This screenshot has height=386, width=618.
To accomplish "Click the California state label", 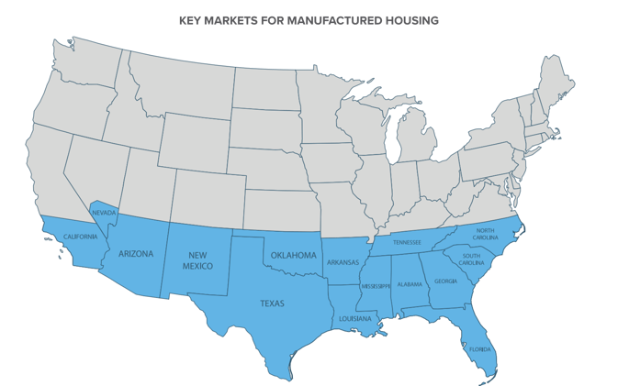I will [80, 237].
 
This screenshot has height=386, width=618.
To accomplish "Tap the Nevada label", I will [104, 213].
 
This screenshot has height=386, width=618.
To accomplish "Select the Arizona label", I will [135, 253].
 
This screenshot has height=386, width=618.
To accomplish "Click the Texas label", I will [272, 303].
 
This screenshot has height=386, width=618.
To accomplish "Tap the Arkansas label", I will [343, 262].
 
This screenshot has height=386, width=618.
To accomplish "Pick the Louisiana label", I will [355, 319].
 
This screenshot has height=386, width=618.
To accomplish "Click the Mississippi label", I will [376, 286].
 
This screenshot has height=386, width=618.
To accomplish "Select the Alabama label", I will [410, 284].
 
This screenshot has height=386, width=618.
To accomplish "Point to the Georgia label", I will [445, 281].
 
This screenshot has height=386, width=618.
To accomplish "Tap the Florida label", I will [480, 349].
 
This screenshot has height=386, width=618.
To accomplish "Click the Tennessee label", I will [407, 242].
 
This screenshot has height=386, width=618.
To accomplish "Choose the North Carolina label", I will [484, 233].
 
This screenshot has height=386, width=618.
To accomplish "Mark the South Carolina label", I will [472, 259].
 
